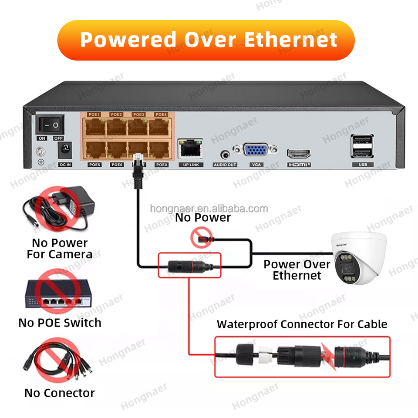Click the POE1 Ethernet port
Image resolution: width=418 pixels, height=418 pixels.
point(94,128)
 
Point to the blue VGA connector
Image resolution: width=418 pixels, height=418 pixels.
point(255,150)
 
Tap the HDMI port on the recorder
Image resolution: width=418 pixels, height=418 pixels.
point(298,154)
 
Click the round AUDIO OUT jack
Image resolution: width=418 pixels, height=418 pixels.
point(225,154)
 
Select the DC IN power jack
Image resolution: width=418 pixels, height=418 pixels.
point(65,151)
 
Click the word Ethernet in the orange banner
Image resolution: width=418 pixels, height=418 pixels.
point(290,40)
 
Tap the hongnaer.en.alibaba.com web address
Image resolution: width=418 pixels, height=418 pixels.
point(209,209)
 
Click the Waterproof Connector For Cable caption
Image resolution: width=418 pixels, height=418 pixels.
point(302,324)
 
